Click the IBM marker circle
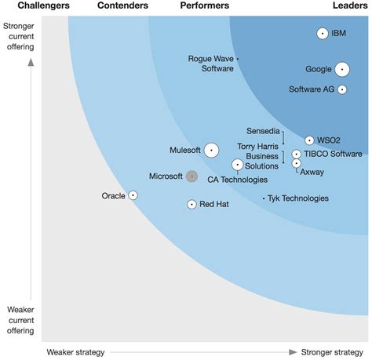(322, 33)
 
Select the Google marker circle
(341, 69)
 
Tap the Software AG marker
(342, 89)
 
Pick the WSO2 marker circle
(309, 140)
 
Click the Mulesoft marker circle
(211, 150)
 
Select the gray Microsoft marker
(191, 176)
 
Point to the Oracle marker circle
(133, 195)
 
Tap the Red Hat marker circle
(191, 204)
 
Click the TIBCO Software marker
(297, 155)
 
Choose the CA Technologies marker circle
(238, 165)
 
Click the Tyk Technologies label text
(298, 198)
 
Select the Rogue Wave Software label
(211, 64)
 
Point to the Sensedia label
(262, 130)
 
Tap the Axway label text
(312, 171)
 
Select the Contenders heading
(122, 6)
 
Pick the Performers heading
(205, 6)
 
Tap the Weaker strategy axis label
(75, 352)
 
